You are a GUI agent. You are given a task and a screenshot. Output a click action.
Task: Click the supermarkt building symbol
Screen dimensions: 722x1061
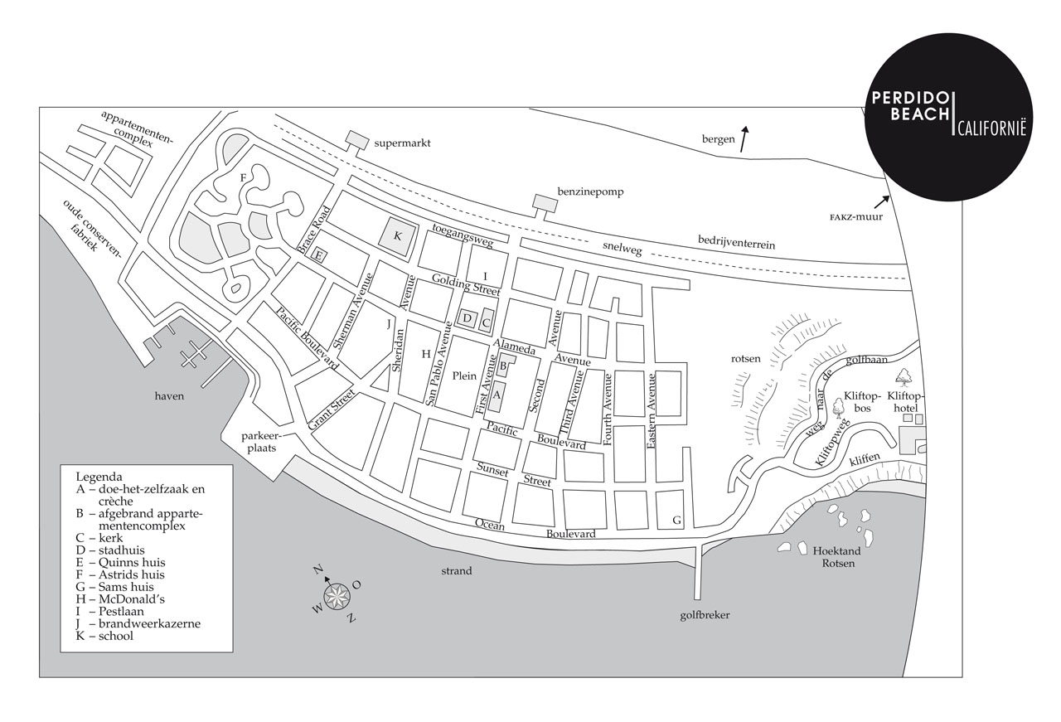click(357, 139)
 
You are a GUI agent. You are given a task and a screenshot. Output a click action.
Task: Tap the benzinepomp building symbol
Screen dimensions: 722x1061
click(545, 203)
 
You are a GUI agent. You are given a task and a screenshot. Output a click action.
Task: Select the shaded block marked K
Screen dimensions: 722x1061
click(396, 235)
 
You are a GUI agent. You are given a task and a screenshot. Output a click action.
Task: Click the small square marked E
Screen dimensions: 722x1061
click(318, 256)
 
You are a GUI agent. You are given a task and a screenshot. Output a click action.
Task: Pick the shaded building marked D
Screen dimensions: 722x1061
click(467, 317)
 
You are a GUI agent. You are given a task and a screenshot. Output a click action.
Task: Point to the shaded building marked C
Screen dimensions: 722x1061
click(487, 321)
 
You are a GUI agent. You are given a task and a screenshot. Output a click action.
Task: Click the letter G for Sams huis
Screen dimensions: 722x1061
click(676, 521)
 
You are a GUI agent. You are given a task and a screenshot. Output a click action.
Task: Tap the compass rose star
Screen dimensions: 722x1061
click(337, 597)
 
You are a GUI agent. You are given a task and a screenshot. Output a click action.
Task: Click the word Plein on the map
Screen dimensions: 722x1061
click(464, 376)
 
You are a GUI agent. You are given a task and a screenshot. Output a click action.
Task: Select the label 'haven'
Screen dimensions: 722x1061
click(168, 396)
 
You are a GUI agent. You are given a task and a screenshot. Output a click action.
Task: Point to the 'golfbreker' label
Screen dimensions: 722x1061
click(704, 615)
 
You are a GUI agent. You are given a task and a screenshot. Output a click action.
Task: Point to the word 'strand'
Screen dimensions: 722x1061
click(457, 570)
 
